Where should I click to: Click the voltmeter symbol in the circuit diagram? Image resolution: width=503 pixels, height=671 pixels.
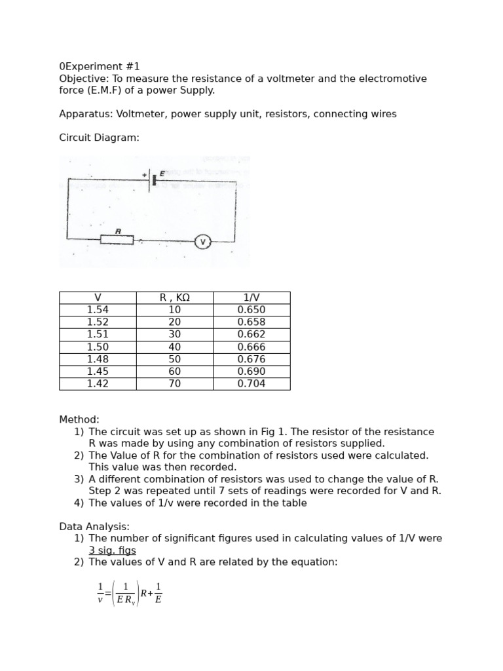[203, 242]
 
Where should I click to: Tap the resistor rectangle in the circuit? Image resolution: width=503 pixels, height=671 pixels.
[117, 240]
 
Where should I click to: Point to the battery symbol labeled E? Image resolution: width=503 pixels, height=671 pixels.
[153, 180]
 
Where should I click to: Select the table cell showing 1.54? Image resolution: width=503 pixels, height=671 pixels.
[98, 310]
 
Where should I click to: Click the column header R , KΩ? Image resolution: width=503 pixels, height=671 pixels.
[175, 297]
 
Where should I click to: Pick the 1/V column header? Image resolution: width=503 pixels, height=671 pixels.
[251, 297]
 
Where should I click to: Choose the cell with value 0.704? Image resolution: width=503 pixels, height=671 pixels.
[251, 384]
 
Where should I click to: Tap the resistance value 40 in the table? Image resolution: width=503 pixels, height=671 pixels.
[175, 347]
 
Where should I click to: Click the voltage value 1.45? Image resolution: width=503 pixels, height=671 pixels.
[98, 372]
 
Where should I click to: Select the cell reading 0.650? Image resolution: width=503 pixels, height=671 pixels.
[251, 310]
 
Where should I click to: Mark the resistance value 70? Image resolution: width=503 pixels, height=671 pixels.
[175, 384]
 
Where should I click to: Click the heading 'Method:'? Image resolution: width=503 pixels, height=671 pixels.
[79, 419]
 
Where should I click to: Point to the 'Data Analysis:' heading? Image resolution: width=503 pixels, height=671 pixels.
[94, 527]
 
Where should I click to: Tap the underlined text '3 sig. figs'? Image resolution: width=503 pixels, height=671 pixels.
[113, 550]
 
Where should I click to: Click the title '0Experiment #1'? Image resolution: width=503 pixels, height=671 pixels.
[100, 67]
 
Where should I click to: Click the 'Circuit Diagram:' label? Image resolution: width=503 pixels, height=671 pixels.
[99, 138]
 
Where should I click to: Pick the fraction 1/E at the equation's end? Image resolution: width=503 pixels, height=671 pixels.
[158, 593]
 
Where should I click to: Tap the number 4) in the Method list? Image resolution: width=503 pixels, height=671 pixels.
[79, 503]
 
